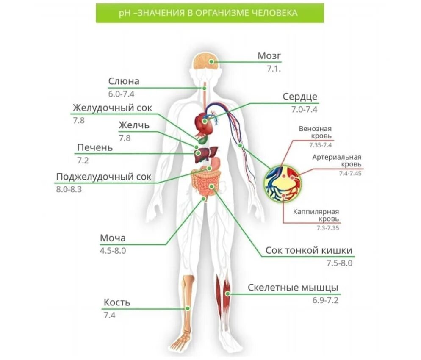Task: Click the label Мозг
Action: [269, 56]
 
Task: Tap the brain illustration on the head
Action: [205, 63]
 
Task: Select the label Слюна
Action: [124, 81]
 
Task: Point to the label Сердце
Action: [300, 97]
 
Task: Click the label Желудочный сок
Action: [112, 108]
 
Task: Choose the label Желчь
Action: [134, 125]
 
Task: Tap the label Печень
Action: [95, 148]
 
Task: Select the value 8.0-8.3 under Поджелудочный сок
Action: [69, 189]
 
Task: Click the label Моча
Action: [113, 238]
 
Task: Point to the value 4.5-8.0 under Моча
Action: [113, 250]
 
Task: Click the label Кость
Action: [117, 302]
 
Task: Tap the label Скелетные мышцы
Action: [293, 288]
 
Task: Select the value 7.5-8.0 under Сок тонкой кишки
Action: [339, 263]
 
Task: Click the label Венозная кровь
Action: [315, 133]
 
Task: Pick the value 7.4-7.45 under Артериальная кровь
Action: [350, 174]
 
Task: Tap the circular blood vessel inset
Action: [282, 183]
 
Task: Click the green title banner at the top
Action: [210, 13]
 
